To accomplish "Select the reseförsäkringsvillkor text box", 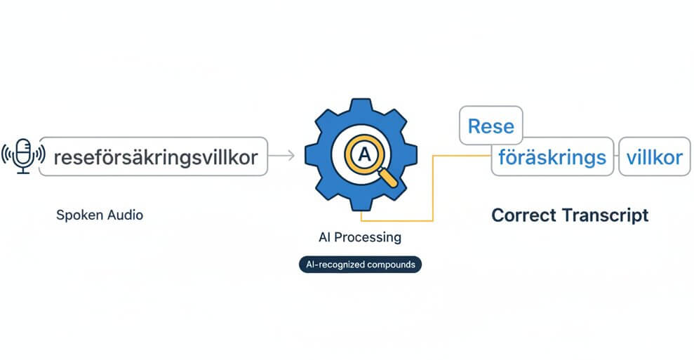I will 152,156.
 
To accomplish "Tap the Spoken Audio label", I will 99,215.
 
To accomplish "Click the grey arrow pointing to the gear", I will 282,156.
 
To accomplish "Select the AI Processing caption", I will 360,237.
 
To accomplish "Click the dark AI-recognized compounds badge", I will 360,265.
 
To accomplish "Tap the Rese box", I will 491,126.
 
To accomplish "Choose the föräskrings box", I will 552,156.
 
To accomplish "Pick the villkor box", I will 653,156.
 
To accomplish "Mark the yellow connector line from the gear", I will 433,189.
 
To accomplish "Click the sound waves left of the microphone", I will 8,155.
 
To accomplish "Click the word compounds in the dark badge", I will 389,265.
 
